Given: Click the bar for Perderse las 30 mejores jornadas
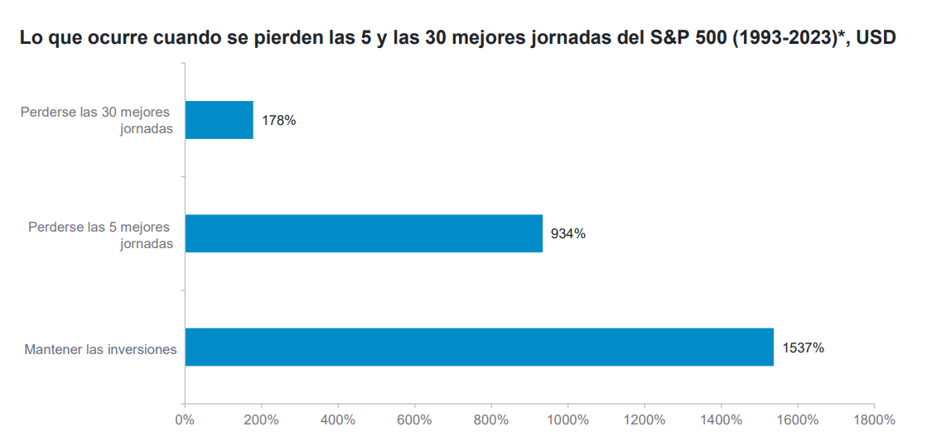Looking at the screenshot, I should [x=219, y=120].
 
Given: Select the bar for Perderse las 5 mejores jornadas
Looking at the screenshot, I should [x=364, y=233].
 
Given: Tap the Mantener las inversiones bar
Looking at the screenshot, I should [x=479, y=347].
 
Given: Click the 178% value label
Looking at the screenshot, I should [x=278, y=121].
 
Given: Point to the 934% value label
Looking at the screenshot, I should [x=568, y=234].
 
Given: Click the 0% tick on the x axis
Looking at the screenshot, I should [x=185, y=419].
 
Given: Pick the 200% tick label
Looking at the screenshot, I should [x=262, y=419].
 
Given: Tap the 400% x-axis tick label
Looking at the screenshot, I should [x=338, y=419].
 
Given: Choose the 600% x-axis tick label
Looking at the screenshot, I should [x=415, y=419].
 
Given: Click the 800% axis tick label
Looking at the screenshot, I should [x=491, y=419].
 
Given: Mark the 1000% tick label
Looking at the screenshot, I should [x=568, y=419].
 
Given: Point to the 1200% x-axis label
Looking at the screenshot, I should [x=644, y=419].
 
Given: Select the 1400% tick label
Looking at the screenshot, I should [x=722, y=419].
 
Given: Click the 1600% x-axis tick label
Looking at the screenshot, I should [x=798, y=419].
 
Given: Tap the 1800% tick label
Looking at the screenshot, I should [x=875, y=419].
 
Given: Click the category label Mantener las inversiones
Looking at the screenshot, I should [x=100, y=349].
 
